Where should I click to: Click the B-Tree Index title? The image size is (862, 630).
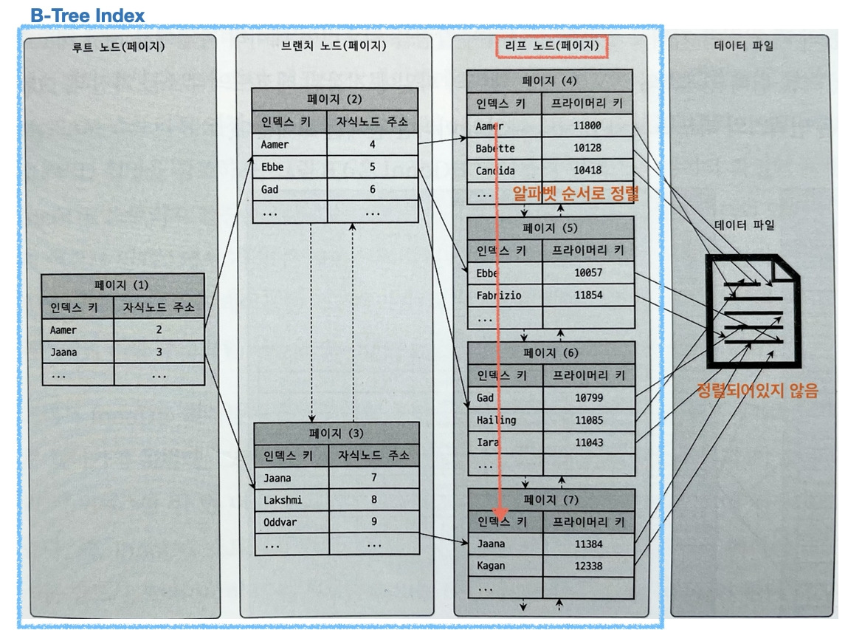tap(88, 15)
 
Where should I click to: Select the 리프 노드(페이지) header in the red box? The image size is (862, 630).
tap(551, 47)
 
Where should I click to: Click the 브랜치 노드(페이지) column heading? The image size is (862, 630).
tap(334, 47)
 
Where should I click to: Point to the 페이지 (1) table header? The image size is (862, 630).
tap(122, 285)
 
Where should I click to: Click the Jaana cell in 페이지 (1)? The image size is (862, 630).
tap(63, 352)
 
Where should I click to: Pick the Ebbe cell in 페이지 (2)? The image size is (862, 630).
tap(272, 167)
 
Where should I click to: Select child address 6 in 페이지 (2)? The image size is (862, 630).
tap(373, 190)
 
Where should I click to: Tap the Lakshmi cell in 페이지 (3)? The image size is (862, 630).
tap(283, 500)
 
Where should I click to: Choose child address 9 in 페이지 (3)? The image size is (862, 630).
tap(374, 522)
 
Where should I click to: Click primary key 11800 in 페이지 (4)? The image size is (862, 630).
tap(587, 126)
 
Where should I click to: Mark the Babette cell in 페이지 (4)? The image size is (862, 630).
tap(495, 148)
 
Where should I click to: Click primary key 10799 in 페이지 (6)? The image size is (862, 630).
tap(589, 398)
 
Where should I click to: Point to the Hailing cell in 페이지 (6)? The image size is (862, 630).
tap(497, 420)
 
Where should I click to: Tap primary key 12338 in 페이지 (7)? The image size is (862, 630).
tap(589, 566)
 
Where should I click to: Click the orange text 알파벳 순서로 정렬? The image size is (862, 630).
tap(576, 194)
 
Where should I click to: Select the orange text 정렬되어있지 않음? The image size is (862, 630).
tap(757, 391)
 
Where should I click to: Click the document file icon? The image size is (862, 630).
tap(752, 311)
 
